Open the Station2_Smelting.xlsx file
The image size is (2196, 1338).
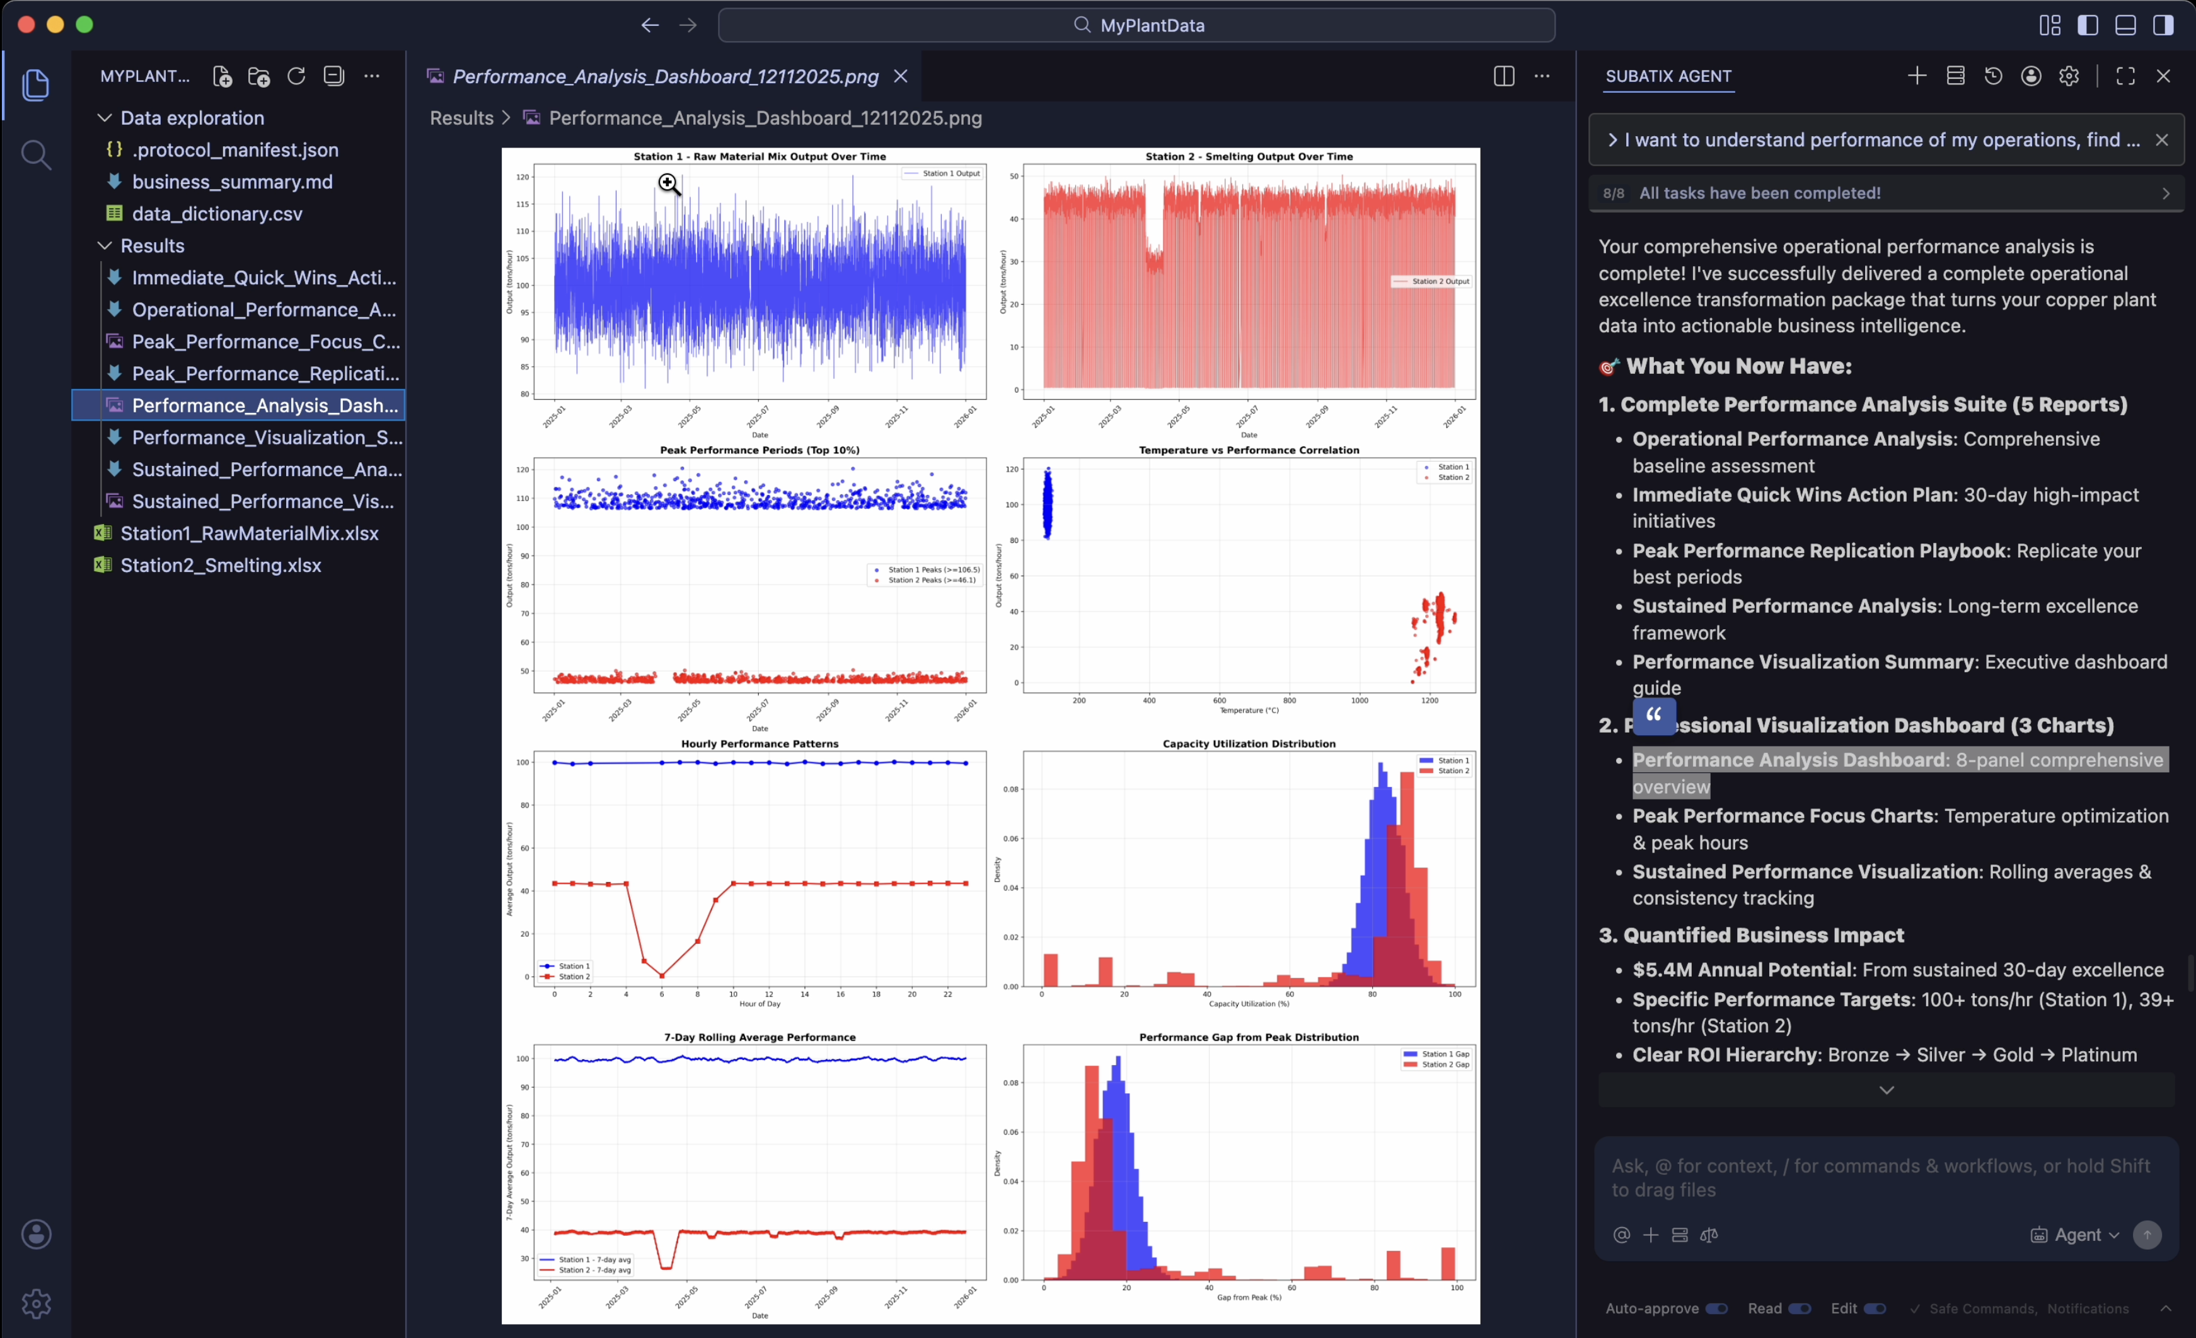click(x=220, y=565)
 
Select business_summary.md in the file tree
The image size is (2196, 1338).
click(x=232, y=182)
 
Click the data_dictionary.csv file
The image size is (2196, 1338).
click(x=217, y=214)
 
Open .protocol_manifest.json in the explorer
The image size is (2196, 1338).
click(x=234, y=150)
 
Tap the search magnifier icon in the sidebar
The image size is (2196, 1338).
click(x=36, y=155)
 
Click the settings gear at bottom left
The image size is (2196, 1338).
click(x=36, y=1303)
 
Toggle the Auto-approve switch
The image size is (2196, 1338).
click(x=1716, y=1308)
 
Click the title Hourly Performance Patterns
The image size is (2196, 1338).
click(x=760, y=743)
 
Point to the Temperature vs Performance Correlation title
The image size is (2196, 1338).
click(x=1249, y=450)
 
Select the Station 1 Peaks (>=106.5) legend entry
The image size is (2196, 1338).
click(x=932, y=569)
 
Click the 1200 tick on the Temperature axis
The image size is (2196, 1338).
click(x=1430, y=701)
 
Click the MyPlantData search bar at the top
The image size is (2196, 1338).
click(x=1136, y=25)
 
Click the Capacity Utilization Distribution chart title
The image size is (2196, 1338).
click(x=1249, y=743)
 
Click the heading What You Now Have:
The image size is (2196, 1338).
click(x=1738, y=366)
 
